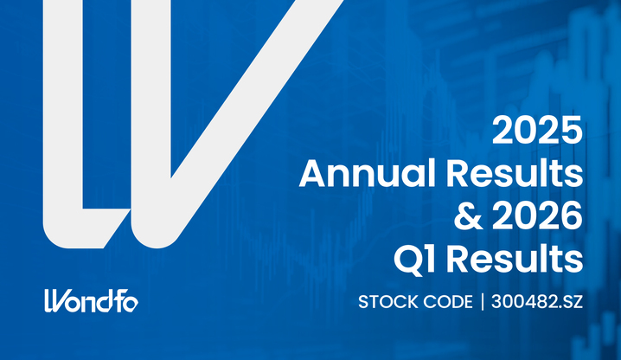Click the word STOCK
pos(386,303)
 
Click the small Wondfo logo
pos(90,301)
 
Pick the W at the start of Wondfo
pos(54,301)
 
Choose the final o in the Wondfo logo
pos(130,303)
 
